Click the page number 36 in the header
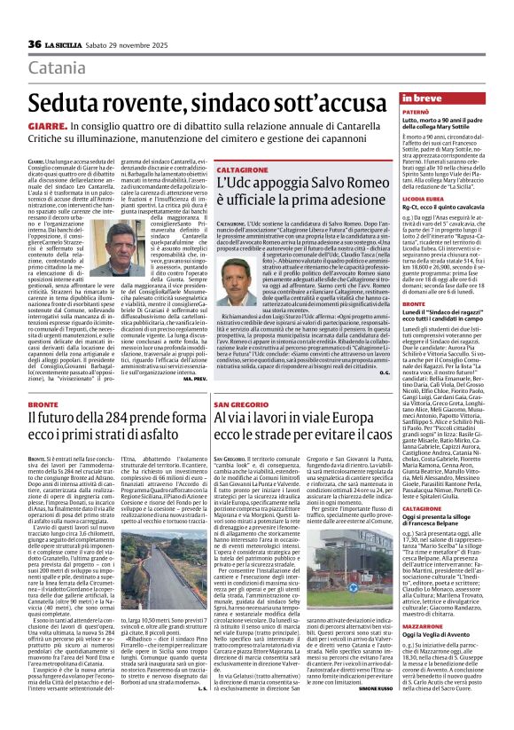pos(35,44)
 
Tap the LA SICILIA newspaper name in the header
pos(67,44)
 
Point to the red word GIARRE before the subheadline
pos(44,127)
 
